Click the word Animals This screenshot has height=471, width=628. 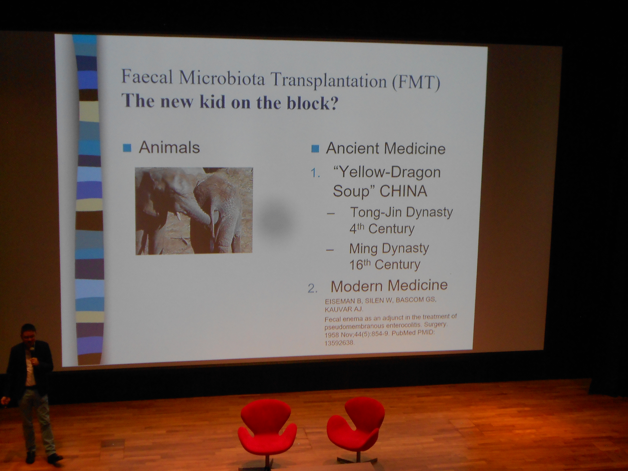point(169,147)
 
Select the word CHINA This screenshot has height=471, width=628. point(403,191)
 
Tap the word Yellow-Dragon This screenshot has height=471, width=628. point(387,172)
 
